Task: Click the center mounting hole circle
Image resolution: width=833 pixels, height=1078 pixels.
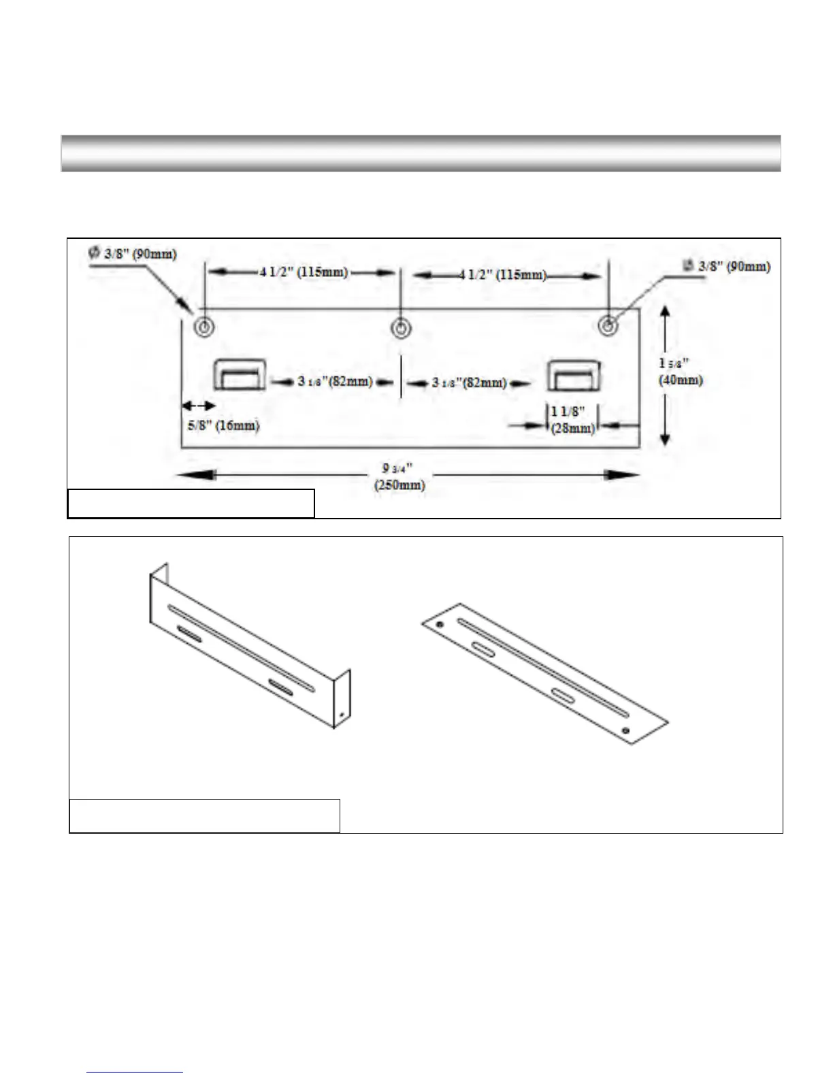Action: (x=401, y=329)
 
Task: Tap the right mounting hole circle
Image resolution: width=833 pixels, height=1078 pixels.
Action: (x=608, y=326)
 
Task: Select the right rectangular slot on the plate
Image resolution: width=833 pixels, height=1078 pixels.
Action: (x=575, y=375)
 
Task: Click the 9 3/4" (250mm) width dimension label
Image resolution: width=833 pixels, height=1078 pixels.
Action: (x=399, y=476)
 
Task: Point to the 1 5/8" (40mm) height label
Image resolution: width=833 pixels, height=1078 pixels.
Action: (x=680, y=372)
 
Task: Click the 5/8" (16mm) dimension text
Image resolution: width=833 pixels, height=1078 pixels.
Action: (x=223, y=426)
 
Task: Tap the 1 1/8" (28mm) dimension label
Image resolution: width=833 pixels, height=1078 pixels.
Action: (x=572, y=420)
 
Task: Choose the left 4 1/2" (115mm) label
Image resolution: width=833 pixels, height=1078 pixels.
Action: (x=304, y=272)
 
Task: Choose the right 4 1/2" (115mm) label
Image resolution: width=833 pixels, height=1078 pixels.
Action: (x=502, y=274)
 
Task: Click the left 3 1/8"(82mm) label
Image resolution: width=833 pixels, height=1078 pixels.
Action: (x=335, y=381)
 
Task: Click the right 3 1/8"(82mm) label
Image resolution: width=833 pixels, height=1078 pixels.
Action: (x=470, y=382)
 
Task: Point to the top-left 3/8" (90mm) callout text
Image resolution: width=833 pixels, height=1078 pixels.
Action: (x=133, y=254)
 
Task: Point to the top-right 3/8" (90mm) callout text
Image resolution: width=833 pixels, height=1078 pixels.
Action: (x=728, y=266)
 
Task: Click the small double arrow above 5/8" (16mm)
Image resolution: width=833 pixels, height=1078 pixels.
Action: (x=198, y=406)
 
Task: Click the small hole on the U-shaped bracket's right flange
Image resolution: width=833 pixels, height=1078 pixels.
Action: (x=341, y=715)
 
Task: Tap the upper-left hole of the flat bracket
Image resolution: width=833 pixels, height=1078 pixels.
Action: (x=440, y=623)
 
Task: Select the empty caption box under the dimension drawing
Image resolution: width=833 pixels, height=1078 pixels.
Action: (x=191, y=504)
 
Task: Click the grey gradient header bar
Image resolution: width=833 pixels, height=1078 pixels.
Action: (x=421, y=153)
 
